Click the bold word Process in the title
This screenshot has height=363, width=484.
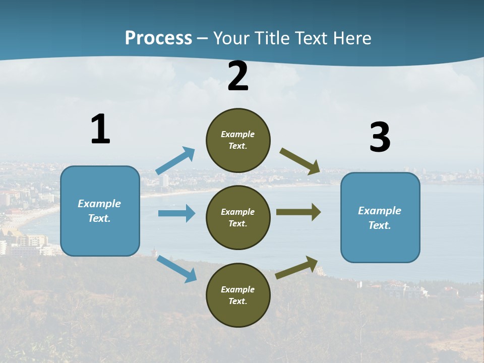158,38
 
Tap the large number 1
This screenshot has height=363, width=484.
100,129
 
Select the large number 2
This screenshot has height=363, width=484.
238,76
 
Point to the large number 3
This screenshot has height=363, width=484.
380,138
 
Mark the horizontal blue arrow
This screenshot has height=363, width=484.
176,213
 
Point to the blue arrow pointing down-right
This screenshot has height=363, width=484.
176,269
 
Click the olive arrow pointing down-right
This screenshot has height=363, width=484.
300,161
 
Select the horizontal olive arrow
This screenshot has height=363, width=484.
298,212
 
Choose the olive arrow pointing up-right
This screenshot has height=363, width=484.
296,268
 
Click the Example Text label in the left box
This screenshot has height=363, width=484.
99,211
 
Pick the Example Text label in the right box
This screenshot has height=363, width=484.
380,218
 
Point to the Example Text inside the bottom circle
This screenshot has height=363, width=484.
238,295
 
